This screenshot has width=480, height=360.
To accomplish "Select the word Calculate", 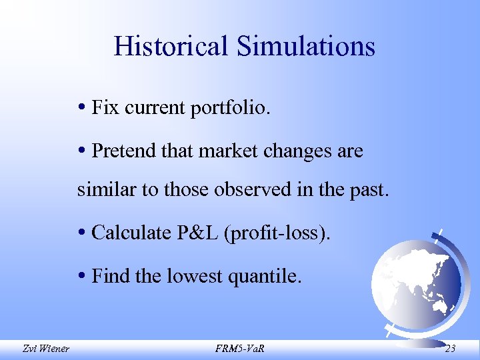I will [x=129, y=233].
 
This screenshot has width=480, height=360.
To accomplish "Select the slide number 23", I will [x=449, y=347].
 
